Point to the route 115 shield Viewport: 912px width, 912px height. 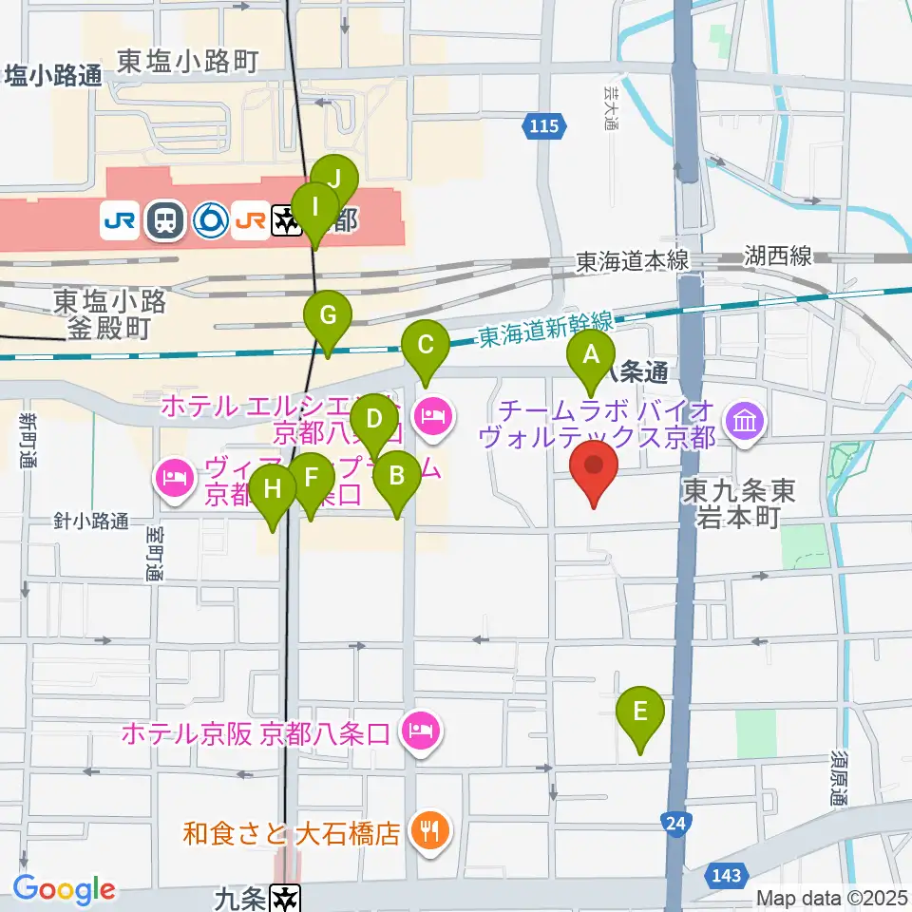click(545, 124)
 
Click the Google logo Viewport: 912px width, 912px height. click(64, 889)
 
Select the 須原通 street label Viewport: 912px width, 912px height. click(837, 779)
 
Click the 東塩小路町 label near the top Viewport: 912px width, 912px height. click(187, 63)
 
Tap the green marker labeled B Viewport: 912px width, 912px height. click(397, 475)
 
